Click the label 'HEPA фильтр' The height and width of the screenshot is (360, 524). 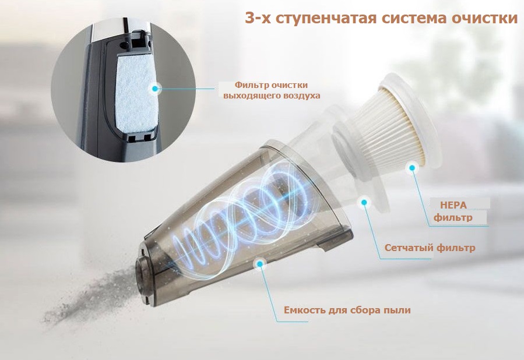click(x=453, y=211)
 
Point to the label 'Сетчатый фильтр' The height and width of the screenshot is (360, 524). click(x=430, y=248)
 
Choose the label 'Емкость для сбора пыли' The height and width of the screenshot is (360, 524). click(x=347, y=310)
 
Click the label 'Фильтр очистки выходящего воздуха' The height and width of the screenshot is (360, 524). click(x=272, y=90)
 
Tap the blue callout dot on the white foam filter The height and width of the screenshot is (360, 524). click(x=154, y=89)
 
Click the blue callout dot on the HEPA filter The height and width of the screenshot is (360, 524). click(x=413, y=168)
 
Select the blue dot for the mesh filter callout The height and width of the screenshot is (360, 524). click(x=364, y=202)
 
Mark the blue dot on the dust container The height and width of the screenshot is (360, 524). click(x=259, y=263)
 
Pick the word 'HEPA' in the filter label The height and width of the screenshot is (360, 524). click(x=453, y=205)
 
